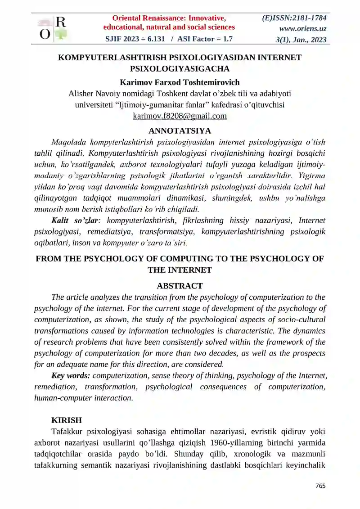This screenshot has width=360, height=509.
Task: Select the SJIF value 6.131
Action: pyautogui.click(x=152, y=39)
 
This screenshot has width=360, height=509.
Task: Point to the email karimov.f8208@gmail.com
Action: pyautogui.click(x=180, y=116)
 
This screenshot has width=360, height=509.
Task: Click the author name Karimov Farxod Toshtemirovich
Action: pyautogui.click(x=180, y=82)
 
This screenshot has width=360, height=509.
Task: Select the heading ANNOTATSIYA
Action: pyautogui.click(x=180, y=131)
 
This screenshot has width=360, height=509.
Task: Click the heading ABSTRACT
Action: pyautogui.click(x=180, y=286)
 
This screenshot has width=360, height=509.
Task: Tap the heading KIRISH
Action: pyautogui.click(x=67, y=420)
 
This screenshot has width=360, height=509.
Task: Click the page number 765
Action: pyautogui.click(x=320, y=486)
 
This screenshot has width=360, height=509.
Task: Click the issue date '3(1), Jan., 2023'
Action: pyautogui.click(x=301, y=40)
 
